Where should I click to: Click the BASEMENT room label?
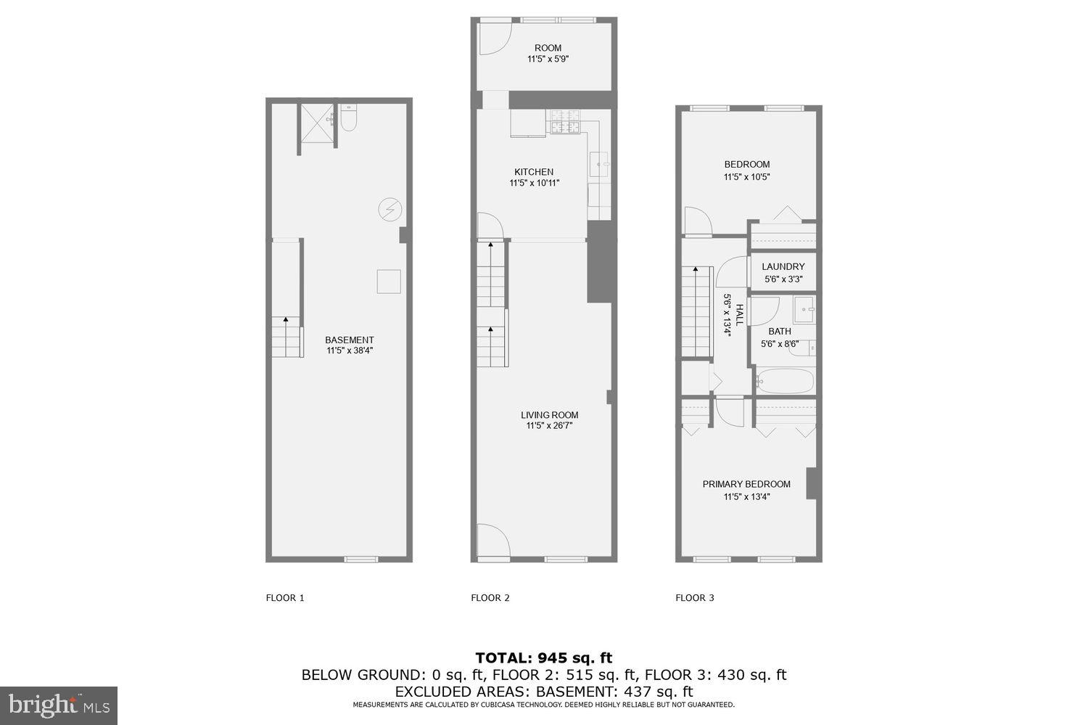click(x=349, y=340)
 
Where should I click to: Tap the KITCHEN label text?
click(x=534, y=172)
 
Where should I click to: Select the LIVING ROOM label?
click(x=549, y=415)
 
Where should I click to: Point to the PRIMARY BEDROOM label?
click(x=746, y=484)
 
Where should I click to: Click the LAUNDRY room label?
click(x=783, y=266)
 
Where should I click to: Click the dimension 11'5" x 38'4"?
click(x=350, y=351)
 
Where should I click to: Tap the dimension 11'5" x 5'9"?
click(x=548, y=60)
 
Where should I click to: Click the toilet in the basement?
click(x=348, y=119)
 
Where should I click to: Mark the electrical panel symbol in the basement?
click(x=390, y=210)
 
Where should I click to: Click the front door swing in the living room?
click(x=491, y=541)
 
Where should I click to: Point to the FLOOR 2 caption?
click(x=490, y=598)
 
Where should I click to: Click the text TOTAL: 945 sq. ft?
click(x=543, y=658)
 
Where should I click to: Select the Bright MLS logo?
click(x=58, y=705)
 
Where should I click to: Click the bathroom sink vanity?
click(x=804, y=310)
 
